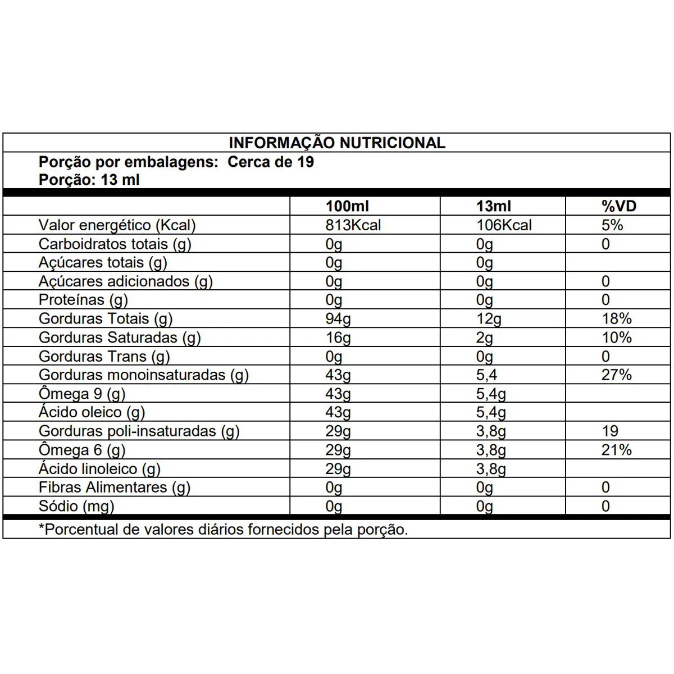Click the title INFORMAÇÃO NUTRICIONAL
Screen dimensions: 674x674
click(337, 143)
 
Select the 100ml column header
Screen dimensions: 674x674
click(347, 206)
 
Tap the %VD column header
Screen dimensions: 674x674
click(618, 206)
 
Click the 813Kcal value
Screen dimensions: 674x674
click(353, 225)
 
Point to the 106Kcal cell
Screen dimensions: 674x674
click(504, 225)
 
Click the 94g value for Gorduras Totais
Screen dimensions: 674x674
click(338, 319)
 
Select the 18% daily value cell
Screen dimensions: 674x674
click(616, 319)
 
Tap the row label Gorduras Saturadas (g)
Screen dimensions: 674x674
click(120, 338)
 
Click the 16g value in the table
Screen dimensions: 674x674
click(338, 338)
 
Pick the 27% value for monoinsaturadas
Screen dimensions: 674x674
click(616, 375)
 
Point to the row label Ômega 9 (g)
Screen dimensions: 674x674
click(82, 394)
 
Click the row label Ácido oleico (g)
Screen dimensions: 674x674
click(92, 412)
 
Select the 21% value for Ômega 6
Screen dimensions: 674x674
click(616, 450)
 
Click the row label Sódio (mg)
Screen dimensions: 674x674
click(76, 506)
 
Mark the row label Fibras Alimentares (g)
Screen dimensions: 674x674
click(115, 488)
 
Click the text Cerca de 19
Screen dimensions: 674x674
click(271, 162)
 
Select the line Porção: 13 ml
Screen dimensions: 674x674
click(89, 180)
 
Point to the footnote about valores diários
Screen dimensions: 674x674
click(223, 530)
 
